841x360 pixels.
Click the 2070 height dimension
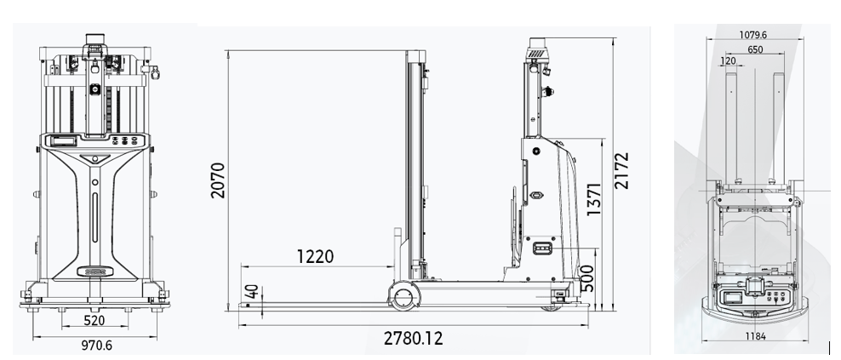click(218, 180)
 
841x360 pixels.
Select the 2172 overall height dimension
click(621, 170)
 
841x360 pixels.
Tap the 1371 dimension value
click(594, 198)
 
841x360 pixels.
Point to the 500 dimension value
click(588, 278)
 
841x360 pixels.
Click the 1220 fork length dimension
click(315, 256)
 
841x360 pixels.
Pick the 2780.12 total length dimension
click(414, 338)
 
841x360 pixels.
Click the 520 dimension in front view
click(95, 320)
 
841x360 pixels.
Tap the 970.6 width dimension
click(96, 345)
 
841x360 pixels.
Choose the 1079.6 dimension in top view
click(753, 35)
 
